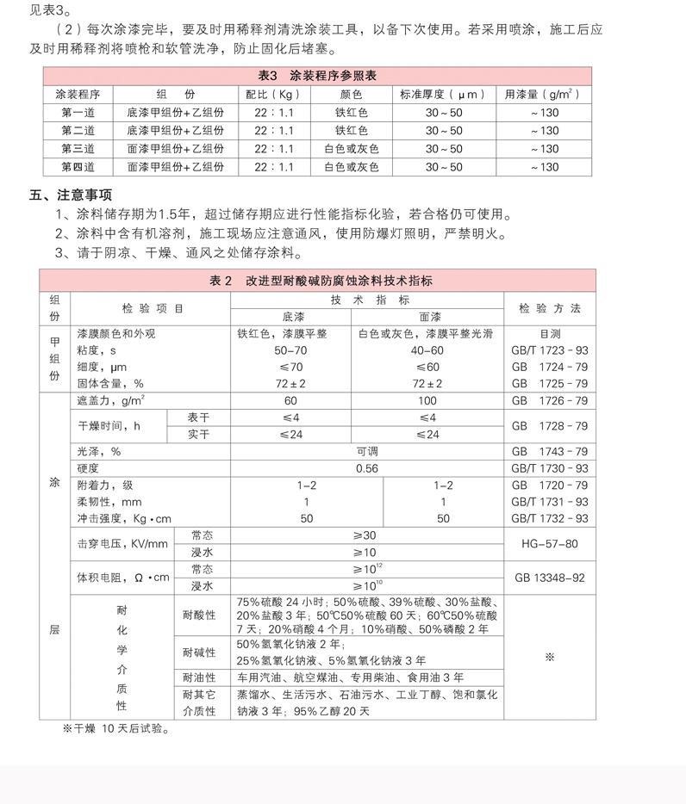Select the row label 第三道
tap(78, 149)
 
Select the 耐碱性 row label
tap(199, 652)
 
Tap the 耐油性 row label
tap(199, 677)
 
